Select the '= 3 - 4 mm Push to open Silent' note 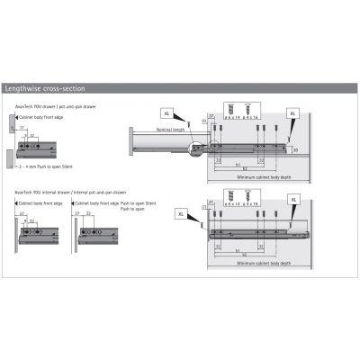tap(41, 168)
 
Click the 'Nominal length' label tap(171, 130)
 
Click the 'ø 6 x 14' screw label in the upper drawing tap(234, 117)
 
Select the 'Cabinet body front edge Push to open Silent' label tap(112, 206)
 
